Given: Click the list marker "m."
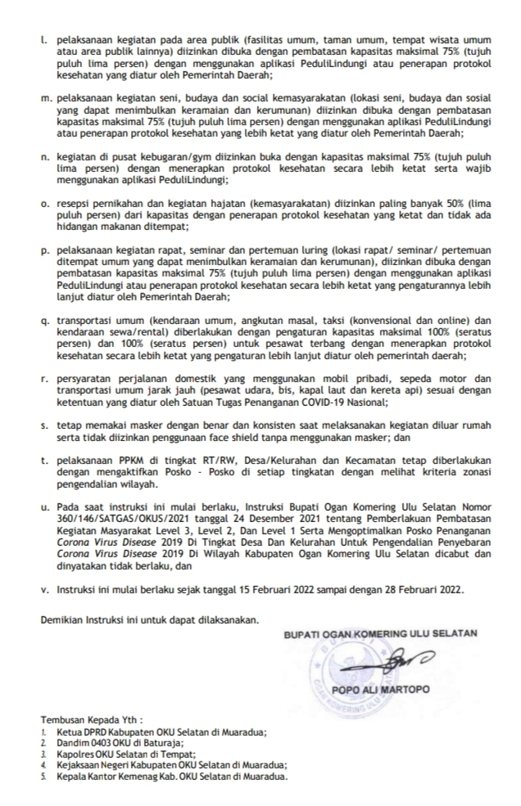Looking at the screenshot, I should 46,96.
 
